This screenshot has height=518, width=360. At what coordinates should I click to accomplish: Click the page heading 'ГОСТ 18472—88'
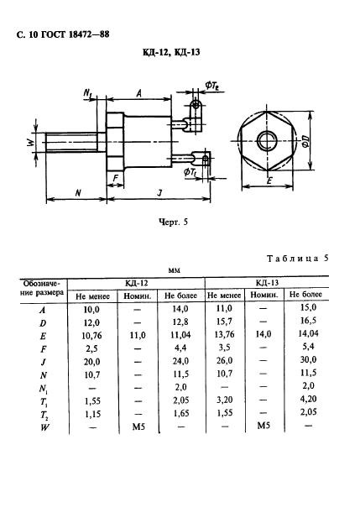click(75, 34)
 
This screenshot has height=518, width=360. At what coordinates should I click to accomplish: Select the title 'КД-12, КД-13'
click(171, 52)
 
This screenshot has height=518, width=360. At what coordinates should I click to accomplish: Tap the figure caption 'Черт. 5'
click(173, 222)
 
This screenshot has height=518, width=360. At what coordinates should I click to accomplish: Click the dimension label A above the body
click(139, 93)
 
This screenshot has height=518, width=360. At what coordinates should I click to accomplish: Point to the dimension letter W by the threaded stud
click(30, 143)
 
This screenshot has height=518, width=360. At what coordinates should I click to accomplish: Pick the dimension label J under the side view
click(160, 192)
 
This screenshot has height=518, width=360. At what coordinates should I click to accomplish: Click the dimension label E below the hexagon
click(269, 181)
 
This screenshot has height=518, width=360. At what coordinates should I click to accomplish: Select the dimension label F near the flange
click(115, 178)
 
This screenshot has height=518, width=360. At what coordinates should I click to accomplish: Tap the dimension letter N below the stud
click(78, 192)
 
